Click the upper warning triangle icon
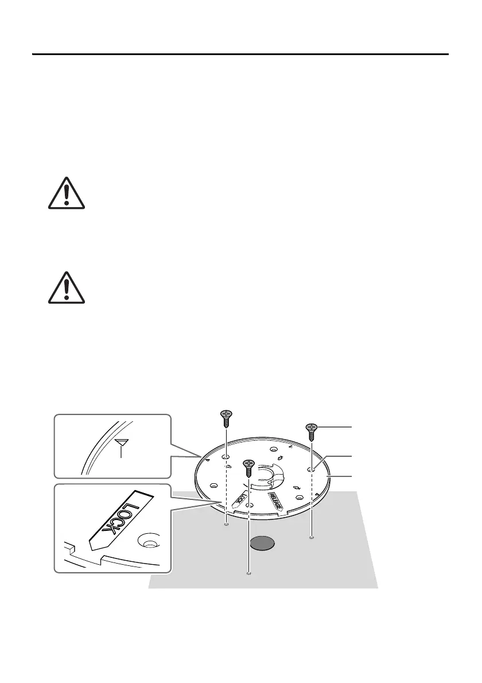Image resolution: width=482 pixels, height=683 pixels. [67, 193]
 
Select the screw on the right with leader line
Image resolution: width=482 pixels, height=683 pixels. [311, 431]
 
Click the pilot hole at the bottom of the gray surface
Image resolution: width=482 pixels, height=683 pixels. [248, 572]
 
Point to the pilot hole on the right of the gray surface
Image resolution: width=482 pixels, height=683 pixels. [311, 538]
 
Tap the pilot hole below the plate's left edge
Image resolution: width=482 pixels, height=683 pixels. [226, 523]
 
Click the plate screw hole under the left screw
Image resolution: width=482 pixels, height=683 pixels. [226, 457]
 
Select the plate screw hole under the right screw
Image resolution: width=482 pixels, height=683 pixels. [311, 469]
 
